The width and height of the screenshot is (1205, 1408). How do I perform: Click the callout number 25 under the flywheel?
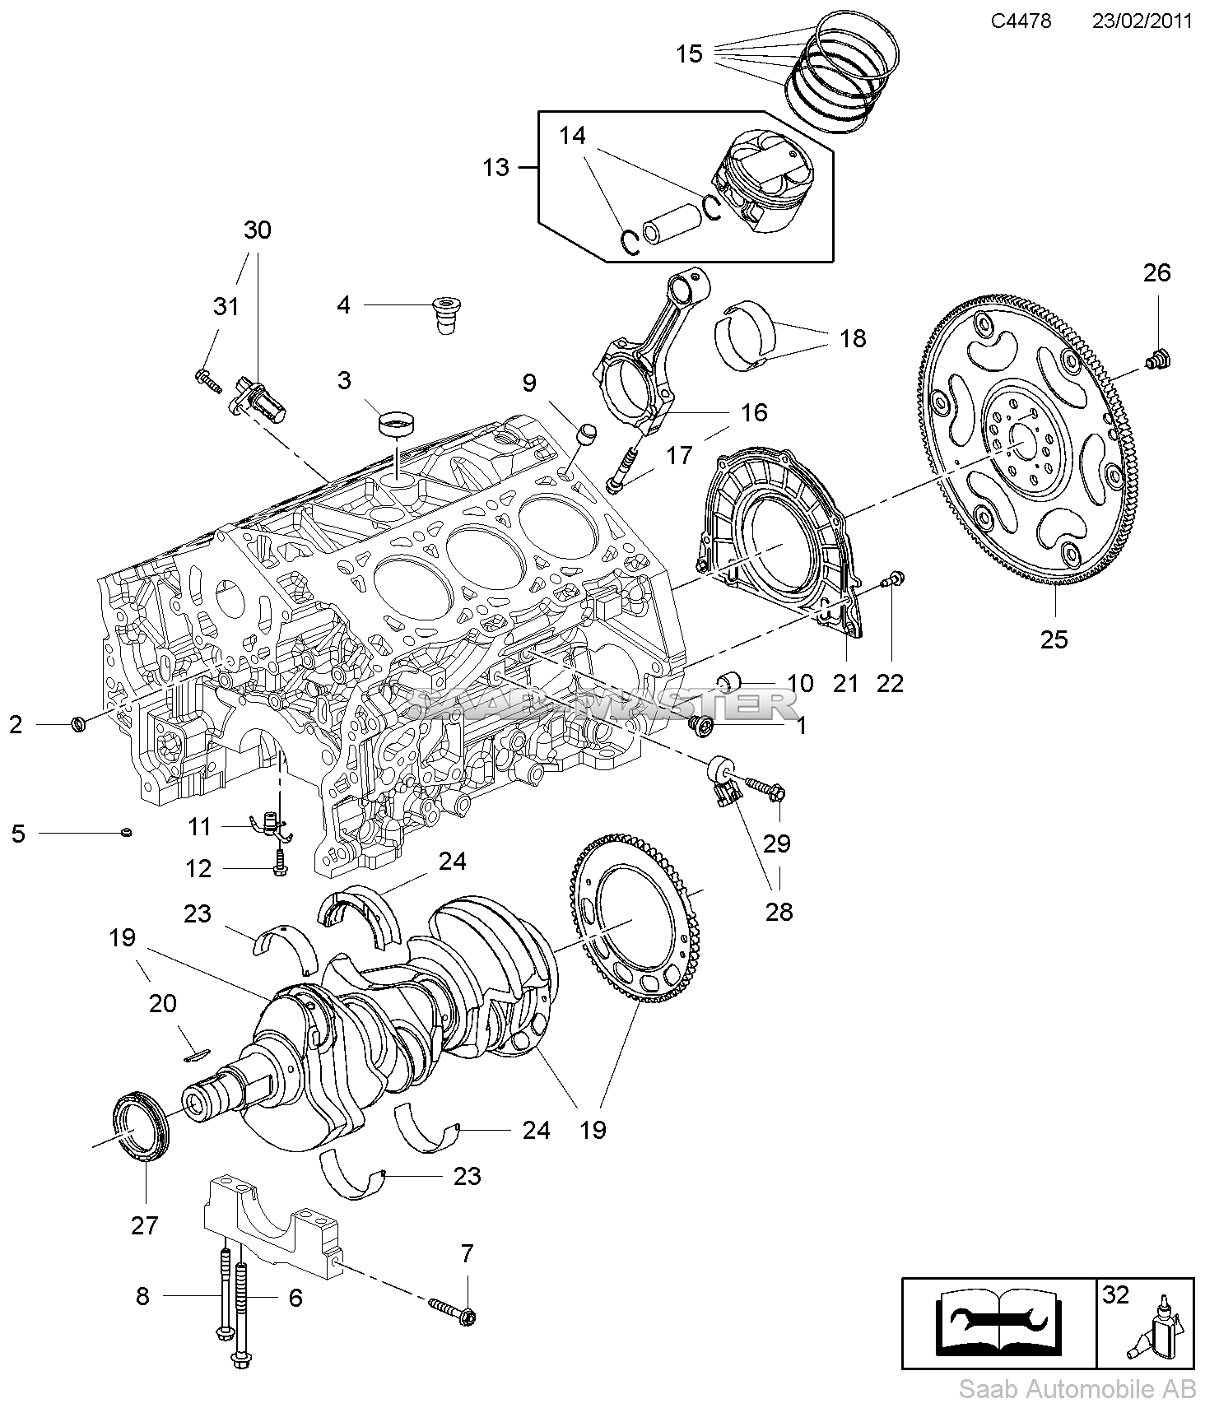(1054, 639)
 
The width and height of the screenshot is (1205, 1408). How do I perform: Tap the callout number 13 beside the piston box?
(496, 168)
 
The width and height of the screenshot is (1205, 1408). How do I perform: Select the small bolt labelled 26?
(1160, 359)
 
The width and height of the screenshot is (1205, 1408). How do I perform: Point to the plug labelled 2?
(79, 724)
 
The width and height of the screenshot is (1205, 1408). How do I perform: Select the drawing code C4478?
(1021, 21)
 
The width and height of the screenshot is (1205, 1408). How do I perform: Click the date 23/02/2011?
(1142, 21)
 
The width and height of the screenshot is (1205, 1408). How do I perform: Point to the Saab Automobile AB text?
(1077, 1390)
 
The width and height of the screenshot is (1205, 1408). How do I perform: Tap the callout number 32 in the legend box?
(1115, 1294)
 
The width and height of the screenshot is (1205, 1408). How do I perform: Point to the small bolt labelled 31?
(209, 379)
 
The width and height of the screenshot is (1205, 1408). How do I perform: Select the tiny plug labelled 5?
(126, 833)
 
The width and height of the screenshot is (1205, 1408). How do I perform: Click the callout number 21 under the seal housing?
(845, 682)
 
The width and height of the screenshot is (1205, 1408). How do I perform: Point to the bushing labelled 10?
(730, 681)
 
